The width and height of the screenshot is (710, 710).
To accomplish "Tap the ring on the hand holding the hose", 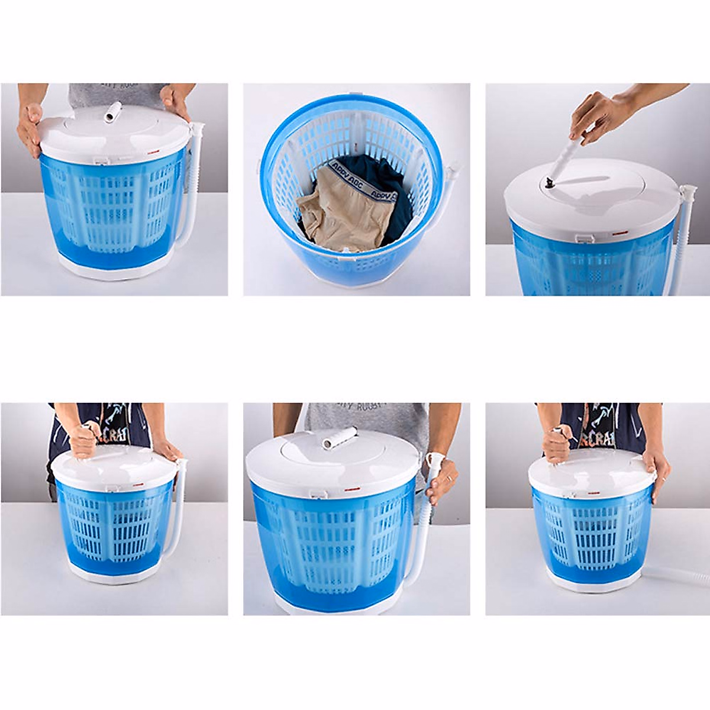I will [x=448, y=478].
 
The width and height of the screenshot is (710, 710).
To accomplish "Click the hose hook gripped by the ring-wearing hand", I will [x=437, y=459].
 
